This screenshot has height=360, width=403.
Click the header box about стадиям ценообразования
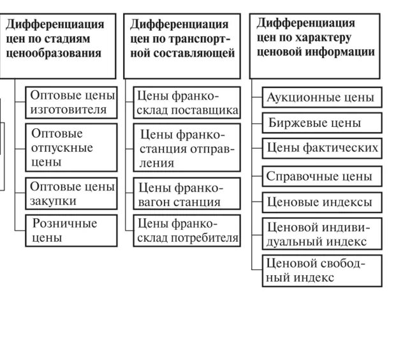pos(58,45)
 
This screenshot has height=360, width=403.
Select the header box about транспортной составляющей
pos(183,45)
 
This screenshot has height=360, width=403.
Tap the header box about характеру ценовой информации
pos(314,45)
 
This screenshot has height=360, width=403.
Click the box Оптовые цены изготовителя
pos(73,103)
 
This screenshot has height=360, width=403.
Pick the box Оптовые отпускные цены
pos(73,148)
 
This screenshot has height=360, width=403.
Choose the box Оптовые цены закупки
pos(73,194)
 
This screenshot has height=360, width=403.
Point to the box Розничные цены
pos(73,230)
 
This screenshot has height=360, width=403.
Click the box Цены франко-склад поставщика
pos(187,103)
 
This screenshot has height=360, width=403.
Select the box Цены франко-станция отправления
pos(187,148)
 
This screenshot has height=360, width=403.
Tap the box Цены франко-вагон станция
pos(187,194)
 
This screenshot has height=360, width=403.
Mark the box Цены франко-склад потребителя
pos(187,230)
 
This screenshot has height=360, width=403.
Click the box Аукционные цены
pos(321,98)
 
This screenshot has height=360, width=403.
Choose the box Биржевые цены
pos(321,123)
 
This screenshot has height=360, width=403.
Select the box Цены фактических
pos(321,149)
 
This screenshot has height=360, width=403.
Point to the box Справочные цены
pos(321,176)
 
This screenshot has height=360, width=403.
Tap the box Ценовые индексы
pos(321,202)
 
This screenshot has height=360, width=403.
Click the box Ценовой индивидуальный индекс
pos(321,234)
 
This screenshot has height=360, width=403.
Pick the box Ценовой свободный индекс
pos(321,271)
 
